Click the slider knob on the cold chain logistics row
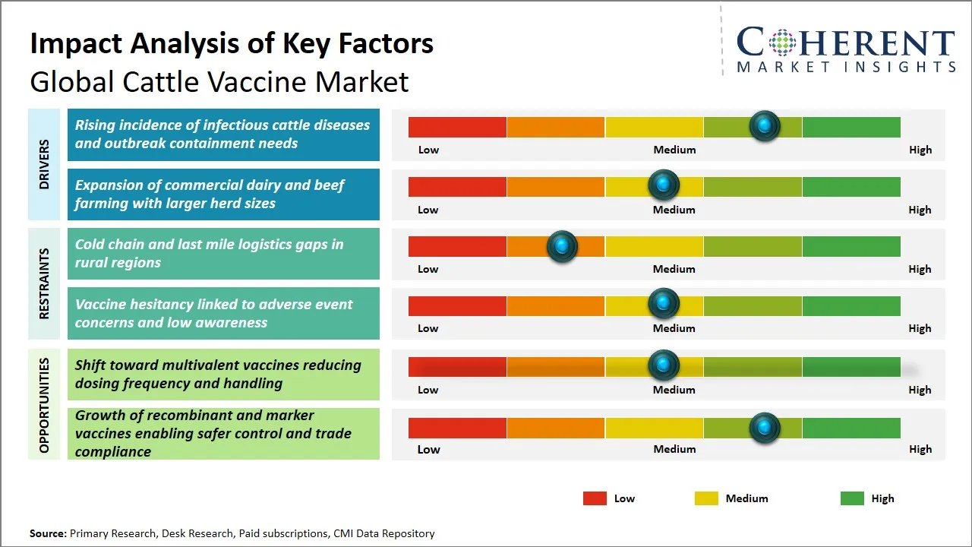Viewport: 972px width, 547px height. (x=562, y=246)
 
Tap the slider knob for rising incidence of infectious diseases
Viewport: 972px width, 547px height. (x=765, y=126)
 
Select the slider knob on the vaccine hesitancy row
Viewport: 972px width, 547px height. (x=664, y=304)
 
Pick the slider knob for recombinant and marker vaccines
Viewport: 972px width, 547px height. (x=765, y=428)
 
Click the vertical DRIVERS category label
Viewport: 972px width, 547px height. (x=44, y=164)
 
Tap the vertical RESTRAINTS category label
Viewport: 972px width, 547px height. (x=44, y=283)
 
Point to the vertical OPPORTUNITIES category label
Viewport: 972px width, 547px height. (x=44, y=404)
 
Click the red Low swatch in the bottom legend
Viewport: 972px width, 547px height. (x=595, y=498)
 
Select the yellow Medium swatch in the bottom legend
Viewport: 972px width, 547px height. (x=706, y=498)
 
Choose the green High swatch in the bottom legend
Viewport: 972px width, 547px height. (x=852, y=498)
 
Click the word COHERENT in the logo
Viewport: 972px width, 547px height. (x=846, y=43)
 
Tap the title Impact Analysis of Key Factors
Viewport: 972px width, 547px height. (x=232, y=44)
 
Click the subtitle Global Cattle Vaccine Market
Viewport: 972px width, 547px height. (x=219, y=81)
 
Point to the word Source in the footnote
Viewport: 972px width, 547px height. (x=47, y=534)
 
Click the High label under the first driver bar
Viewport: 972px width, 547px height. (x=920, y=150)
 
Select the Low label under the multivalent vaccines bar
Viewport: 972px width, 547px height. (x=428, y=390)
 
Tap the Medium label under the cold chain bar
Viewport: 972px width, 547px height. (x=674, y=269)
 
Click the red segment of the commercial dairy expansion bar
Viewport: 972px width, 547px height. (x=457, y=186)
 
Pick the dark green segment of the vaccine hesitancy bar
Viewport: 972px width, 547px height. (x=850, y=305)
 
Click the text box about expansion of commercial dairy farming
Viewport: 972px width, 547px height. (x=223, y=194)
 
